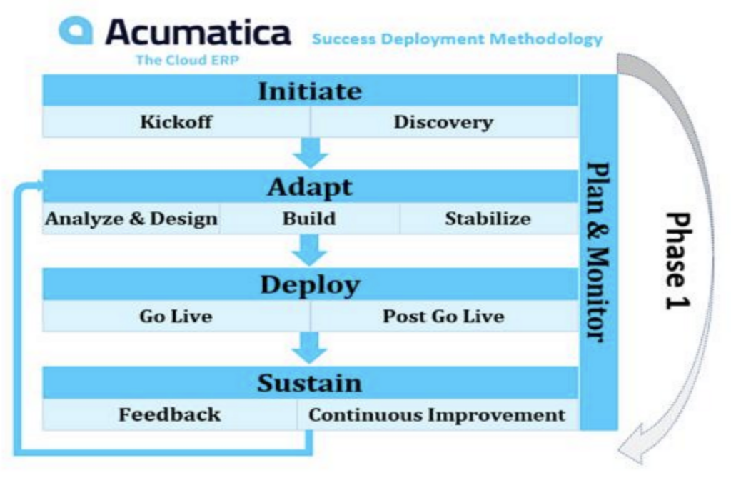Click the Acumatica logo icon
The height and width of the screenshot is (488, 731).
tap(76, 31)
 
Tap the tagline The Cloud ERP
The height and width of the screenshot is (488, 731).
tap(188, 60)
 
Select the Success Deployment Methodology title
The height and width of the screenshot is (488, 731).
tap(457, 39)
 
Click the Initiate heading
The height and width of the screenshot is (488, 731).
tap(310, 91)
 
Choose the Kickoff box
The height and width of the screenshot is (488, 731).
tap(176, 121)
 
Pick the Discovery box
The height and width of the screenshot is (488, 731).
tap(444, 121)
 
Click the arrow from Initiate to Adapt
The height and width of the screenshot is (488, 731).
tap(311, 153)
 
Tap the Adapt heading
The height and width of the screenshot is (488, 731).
tap(310, 186)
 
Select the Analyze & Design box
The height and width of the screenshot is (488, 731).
tap(131, 219)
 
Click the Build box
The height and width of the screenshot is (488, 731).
tap(310, 219)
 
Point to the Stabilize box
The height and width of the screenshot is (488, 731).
tap(488, 219)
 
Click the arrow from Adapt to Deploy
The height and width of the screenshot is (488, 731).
tap(310, 250)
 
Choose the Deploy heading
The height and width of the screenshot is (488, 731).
tap(310, 284)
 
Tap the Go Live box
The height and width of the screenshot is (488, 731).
tap(176, 316)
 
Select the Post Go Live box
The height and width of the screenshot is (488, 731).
tap(444, 316)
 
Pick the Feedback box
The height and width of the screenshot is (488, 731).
tap(170, 414)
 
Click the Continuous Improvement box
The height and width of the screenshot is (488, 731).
tap(438, 414)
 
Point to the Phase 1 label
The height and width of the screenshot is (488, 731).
tap(678, 261)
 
